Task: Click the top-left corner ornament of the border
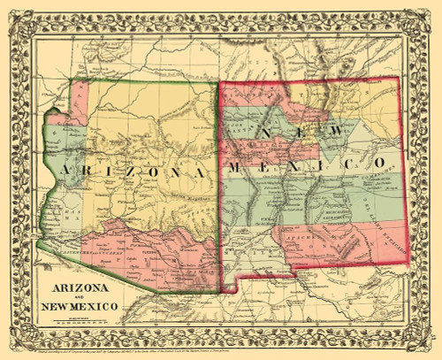(18, 16)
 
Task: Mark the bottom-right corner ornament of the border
(425, 344)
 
